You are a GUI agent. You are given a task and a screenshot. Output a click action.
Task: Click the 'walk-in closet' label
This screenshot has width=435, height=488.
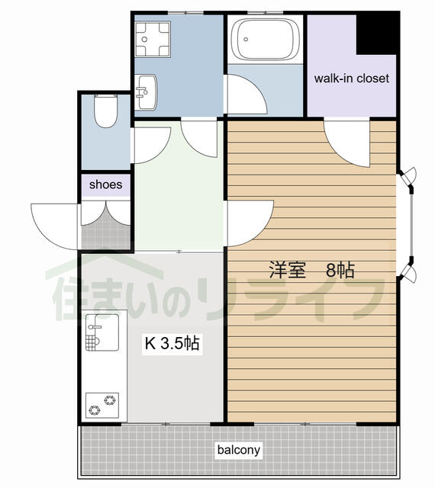[352, 79]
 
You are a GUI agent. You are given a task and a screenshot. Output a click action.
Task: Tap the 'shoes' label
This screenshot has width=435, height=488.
[105, 185]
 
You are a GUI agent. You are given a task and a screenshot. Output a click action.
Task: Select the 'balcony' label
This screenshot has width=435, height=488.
[239, 450]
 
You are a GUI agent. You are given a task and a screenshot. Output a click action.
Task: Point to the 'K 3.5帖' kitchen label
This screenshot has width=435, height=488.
[172, 344]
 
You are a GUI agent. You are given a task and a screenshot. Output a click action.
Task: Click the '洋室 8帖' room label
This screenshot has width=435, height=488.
[312, 270]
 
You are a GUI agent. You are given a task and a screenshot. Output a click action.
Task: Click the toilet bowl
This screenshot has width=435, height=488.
[106, 111]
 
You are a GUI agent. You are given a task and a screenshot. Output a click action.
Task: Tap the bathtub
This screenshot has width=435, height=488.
[265, 39]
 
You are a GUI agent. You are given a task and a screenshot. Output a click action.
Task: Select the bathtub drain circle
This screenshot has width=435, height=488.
[246, 39]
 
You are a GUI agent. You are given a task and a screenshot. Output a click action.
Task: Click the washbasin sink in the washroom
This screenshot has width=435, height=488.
[147, 92]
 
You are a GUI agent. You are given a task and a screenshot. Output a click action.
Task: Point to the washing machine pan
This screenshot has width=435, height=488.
[153, 39]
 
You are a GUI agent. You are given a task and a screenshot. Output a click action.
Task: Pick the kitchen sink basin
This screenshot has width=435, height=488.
[102, 332]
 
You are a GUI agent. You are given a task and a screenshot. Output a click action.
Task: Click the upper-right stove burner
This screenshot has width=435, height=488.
[110, 400]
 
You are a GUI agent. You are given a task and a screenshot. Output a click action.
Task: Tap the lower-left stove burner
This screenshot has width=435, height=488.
[94, 410]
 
